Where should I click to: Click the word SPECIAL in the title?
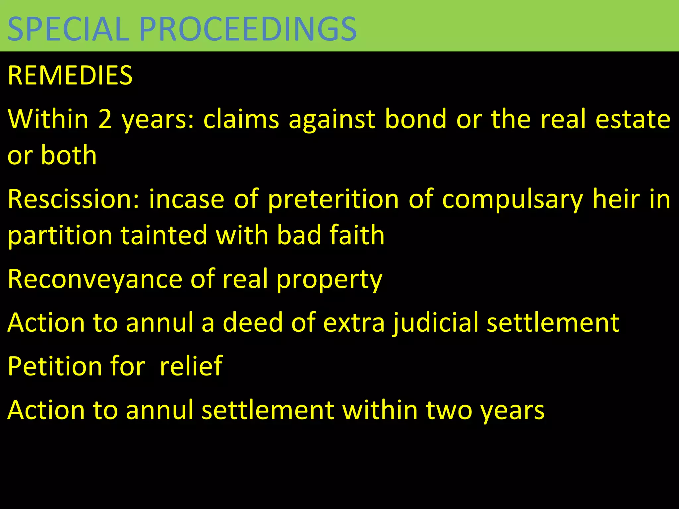(68, 29)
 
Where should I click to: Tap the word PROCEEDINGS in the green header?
(248, 29)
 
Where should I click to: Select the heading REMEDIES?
(70, 76)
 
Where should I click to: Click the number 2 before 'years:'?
(105, 119)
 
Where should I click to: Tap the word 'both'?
(69, 155)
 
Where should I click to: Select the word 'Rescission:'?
(74, 199)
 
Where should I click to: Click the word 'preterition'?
(333, 199)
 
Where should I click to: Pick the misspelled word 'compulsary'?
(512, 199)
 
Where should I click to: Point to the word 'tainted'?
(163, 235)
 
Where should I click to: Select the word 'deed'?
(253, 322)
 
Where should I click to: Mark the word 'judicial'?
(435, 322)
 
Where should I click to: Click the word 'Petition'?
(55, 366)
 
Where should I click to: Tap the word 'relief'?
(191, 366)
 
